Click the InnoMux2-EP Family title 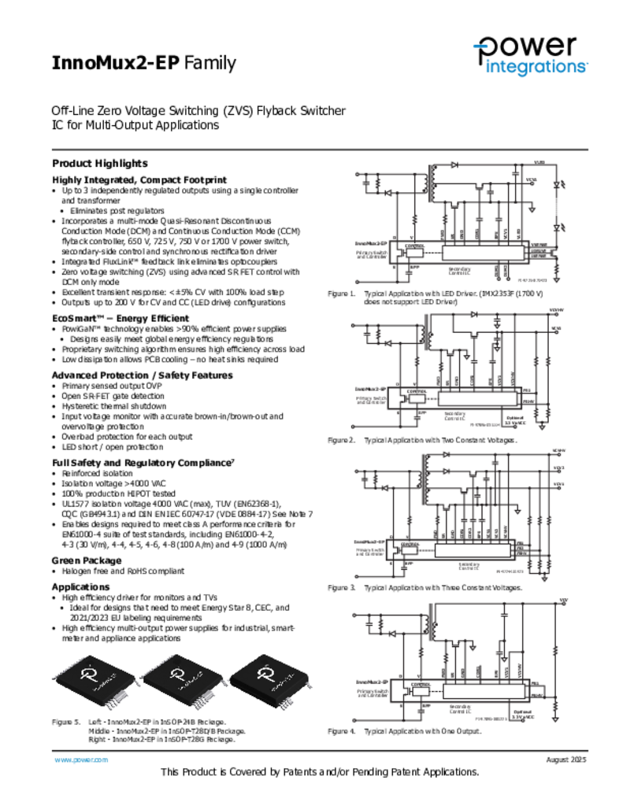(x=143, y=63)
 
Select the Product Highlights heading (x=99, y=164)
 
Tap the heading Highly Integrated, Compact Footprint (x=139, y=180)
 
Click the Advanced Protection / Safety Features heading (x=142, y=375)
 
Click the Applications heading (x=80, y=587)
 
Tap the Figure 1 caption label (x=341, y=293)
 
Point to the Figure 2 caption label (x=342, y=440)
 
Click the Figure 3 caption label (x=342, y=588)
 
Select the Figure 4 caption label (x=342, y=732)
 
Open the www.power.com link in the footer (x=80, y=760)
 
